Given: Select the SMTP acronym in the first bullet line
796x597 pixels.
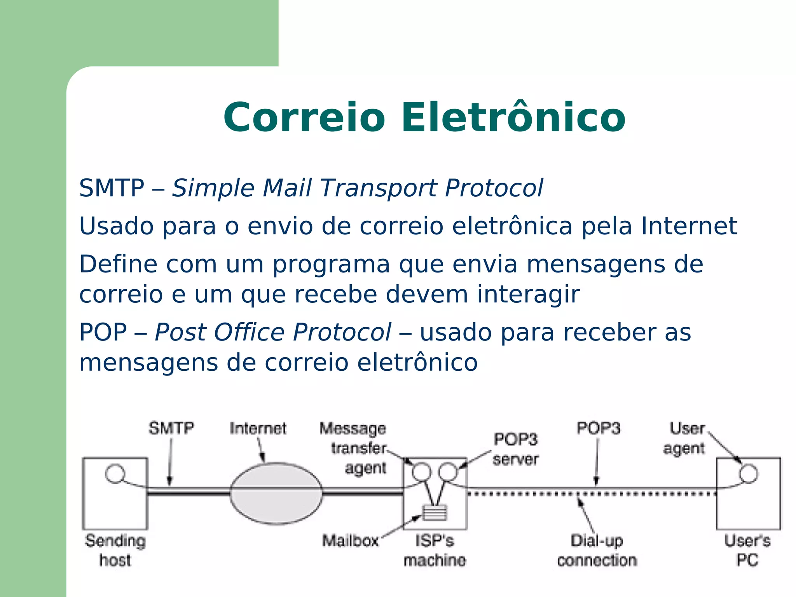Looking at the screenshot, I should pyautogui.click(x=112, y=188).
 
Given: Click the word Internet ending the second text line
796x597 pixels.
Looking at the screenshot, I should pyautogui.click(x=689, y=226).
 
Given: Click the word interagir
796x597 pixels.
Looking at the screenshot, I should pyautogui.click(x=528, y=294).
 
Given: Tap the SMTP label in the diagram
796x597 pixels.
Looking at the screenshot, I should pyautogui.click(x=171, y=428).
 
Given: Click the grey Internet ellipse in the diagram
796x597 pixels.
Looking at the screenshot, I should pyautogui.click(x=276, y=494).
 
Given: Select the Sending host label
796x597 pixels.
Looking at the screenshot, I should pyautogui.click(x=115, y=550).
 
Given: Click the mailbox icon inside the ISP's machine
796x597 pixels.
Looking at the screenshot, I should pyautogui.click(x=435, y=513).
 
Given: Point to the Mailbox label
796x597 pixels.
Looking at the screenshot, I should pyautogui.click(x=351, y=541).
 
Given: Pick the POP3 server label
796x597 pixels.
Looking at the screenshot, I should pyautogui.click(x=516, y=449).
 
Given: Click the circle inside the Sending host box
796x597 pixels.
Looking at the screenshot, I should pyautogui.click(x=115, y=474).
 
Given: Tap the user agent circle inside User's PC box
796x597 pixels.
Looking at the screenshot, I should pyautogui.click(x=748, y=474).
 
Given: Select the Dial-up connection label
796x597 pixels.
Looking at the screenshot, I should pyautogui.click(x=597, y=550).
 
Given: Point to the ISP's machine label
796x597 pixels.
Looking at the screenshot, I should pyautogui.click(x=435, y=550).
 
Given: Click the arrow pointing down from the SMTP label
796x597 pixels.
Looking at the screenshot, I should pyautogui.click(x=170, y=463).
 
